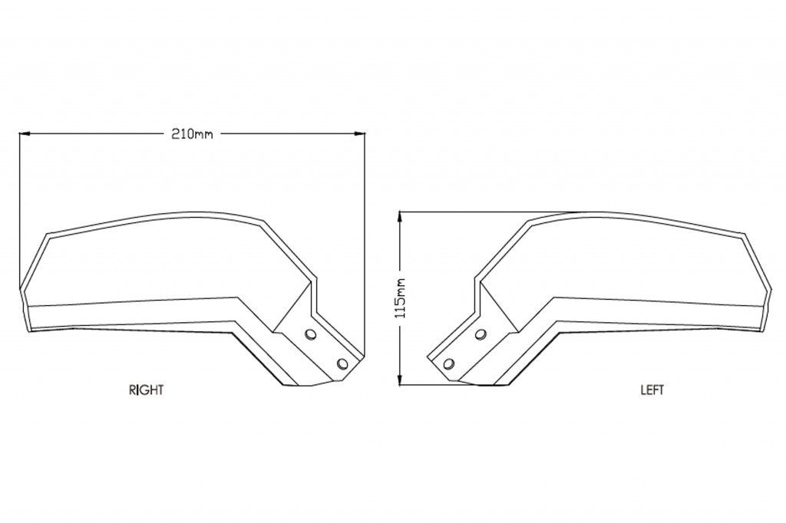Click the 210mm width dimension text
(x=193, y=134)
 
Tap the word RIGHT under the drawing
(x=147, y=390)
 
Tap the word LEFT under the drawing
(x=652, y=390)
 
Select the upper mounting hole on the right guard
(x=311, y=334)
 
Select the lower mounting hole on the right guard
(x=343, y=363)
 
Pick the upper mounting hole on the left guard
(x=481, y=334)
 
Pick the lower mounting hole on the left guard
(x=449, y=363)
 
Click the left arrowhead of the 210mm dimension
(x=24, y=133)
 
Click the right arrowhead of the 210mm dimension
(x=359, y=133)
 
